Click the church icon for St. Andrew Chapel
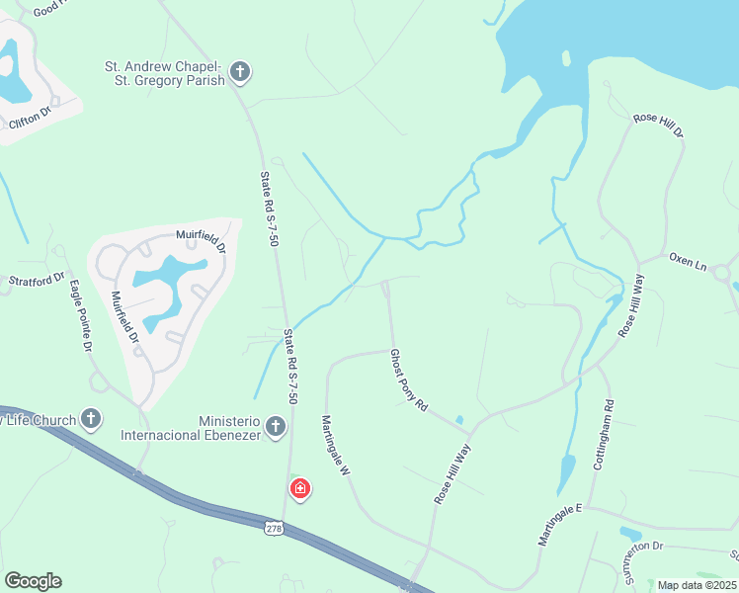click(239, 72)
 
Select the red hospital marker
click(299, 488)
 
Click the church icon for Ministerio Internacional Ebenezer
click(276, 427)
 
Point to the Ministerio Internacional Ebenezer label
click(191, 427)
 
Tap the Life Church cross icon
click(91, 419)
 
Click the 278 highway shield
click(275, 530)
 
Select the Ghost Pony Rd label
click(408, 380)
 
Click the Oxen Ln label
click(688, 263)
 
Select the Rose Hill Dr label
click(658, 124)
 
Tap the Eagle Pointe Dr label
click(80, 316)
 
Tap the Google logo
click(33, 581)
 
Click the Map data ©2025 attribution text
click(696, 585)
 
